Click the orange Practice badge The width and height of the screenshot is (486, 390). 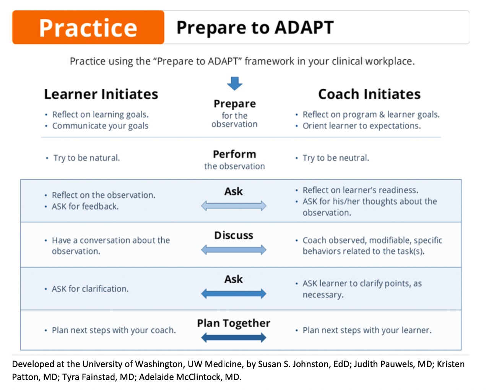point(88,27)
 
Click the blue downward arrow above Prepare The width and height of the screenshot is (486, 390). point(235,84)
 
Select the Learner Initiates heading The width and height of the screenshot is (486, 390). point(101,94)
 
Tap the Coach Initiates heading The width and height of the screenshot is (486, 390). point(369,94)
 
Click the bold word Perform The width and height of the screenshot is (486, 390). point(234,154)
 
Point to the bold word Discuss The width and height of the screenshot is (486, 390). point(234,235)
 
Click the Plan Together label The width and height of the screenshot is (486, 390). point(234,323)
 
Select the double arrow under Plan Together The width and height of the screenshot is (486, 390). point(234,338)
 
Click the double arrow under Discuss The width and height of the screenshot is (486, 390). point(234,250)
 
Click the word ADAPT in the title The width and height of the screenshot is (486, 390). point(304,27)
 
